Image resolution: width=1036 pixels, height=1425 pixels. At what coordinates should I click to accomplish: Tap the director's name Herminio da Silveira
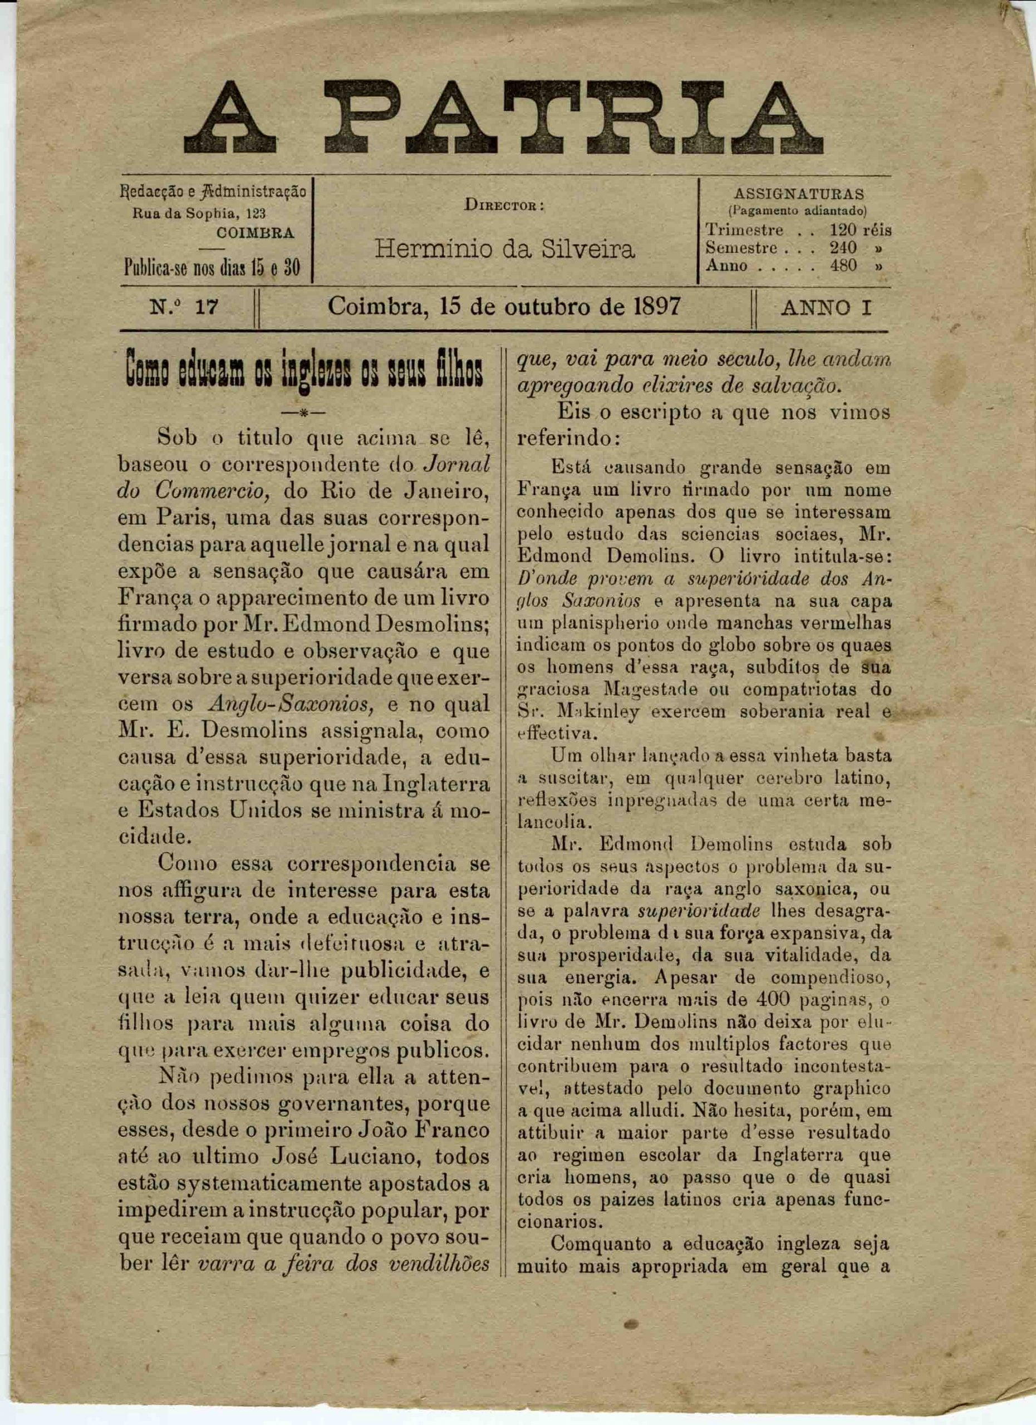click(x=504, y=249)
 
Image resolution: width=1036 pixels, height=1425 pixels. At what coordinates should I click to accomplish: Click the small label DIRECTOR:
click(x=504, y=204)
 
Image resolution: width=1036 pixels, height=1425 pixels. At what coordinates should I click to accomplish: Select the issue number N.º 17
click(x=184, y=308)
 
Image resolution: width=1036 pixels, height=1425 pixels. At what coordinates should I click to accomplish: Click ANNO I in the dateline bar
click(x=826, y=308)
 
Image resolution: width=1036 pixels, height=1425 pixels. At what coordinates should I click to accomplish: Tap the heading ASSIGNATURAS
click(x=798, y=194)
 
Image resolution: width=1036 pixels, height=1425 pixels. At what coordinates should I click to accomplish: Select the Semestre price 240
click(x=843, y=248)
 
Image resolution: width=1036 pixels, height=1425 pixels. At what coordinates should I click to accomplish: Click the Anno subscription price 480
click(x=843, y=265)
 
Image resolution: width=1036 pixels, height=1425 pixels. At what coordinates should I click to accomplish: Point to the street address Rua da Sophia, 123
click(x=199, y=213)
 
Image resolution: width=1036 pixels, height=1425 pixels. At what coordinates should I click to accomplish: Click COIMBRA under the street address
click(x=254, y=233)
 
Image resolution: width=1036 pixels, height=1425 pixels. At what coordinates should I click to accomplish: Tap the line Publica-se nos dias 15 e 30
click(x=212, y=269)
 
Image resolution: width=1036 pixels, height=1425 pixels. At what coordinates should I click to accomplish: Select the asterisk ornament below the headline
click(x=303, y=413)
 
